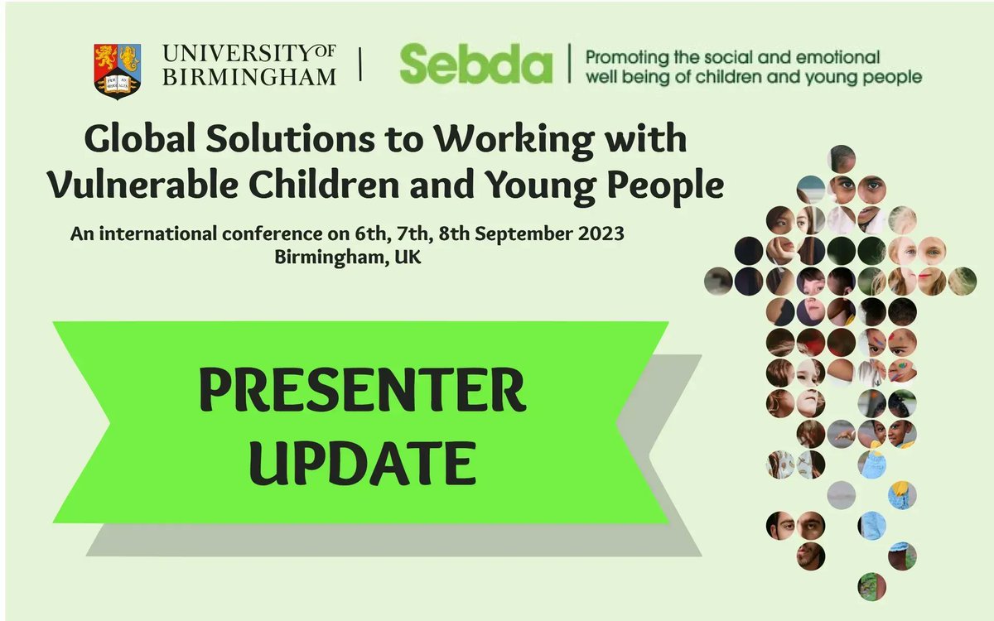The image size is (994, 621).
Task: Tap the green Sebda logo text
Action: point(475,64)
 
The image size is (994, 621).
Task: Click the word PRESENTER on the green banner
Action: point(362,392)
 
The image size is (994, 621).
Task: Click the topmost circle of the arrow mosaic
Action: point(842,158)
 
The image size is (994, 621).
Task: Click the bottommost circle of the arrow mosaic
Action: point(871,586)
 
